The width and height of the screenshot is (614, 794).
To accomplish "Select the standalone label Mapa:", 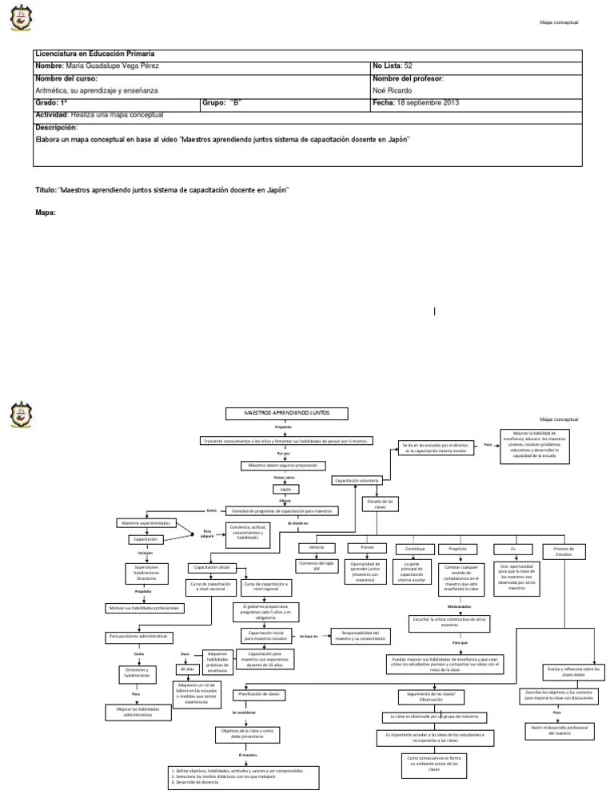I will coord(46,213).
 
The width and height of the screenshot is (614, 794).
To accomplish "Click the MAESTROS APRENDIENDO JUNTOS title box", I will coord(285,413).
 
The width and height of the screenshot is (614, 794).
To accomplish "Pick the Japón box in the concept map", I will coord(285,489).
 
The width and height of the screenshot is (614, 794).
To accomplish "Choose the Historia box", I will coord(317,548).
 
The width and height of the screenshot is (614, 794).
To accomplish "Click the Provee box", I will coord(367,548).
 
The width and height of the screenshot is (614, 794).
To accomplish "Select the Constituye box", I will coord(415,548).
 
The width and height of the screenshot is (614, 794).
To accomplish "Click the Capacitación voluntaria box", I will coord(357,481).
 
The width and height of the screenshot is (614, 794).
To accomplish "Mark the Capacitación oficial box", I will coord(211,567).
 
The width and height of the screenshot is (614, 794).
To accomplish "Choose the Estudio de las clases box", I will coord(380,504).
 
